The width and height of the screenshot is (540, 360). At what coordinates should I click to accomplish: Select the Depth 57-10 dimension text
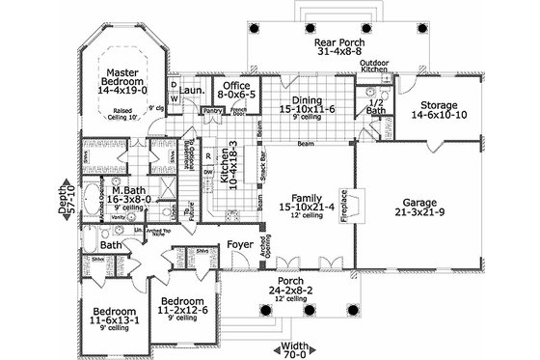[x=67, y=199]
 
